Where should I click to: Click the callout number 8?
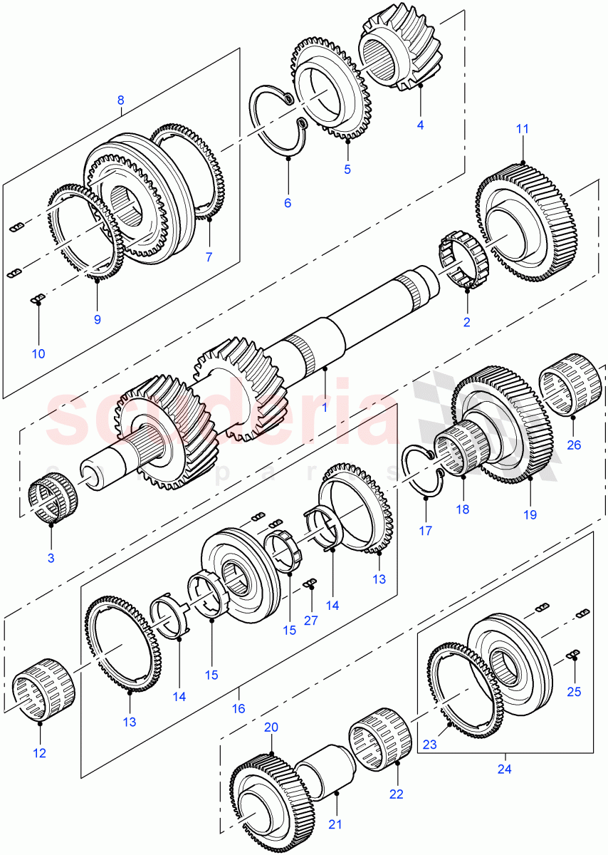click(120, 100)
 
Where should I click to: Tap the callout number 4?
click(420, 125)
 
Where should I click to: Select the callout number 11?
click(523, 129)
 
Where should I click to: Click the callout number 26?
click(574, 445)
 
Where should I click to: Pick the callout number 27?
click(310, 621)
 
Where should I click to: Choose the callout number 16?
click(239, 709)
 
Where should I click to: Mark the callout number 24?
click(505, 769)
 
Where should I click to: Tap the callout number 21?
click(335, 824)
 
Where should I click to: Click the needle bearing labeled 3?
click(53, 499)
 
